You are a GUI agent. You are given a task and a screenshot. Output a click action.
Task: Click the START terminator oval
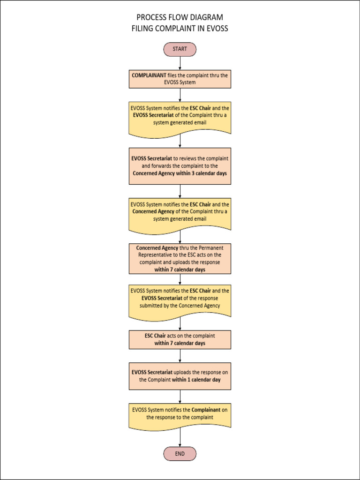[180, 49]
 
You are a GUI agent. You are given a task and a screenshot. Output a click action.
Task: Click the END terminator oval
[180, 454]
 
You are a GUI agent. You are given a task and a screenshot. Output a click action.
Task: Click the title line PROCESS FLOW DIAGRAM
[180, 18]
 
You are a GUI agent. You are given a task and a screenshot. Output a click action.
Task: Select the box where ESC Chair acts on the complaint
[180, 339]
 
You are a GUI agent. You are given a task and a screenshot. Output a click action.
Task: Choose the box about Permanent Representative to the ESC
[180, 258]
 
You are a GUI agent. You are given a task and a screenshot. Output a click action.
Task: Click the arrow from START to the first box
[180, 63]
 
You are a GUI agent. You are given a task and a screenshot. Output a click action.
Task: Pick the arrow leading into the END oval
[180, 438]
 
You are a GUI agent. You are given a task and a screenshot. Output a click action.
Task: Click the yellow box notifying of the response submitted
[180, 300]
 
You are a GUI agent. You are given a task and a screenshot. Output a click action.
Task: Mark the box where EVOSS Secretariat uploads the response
[180, 376]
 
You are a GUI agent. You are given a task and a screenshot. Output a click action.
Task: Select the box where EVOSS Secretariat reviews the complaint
[180, 166]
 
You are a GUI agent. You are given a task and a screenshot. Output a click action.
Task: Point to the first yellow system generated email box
[180, 117]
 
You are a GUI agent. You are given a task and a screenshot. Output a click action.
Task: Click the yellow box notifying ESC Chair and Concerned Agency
[180, 213]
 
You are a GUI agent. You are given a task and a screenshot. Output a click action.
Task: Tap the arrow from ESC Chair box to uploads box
[180, 355]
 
